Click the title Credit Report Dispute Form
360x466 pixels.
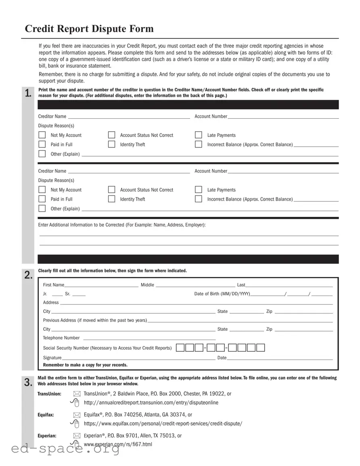tap(89, 29)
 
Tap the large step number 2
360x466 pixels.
tap(28, 275)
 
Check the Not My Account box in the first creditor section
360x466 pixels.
tap(42, 135)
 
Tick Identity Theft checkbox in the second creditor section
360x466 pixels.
tap(112, 199)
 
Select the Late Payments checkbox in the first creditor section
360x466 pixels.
tap(199, 135)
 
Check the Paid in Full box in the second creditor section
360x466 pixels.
tap(42, 199)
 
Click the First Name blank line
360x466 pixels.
tap(101, 285)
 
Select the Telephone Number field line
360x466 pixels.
tap(149, 338)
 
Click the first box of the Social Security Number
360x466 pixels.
tap(180, 348)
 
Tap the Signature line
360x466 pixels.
tap(138, 358)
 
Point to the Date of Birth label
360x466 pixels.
tap(222, 294)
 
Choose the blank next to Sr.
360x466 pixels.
tap(79, 294)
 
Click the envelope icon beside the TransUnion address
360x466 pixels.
tap(76, 394)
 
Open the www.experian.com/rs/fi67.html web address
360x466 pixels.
tap(118, 445)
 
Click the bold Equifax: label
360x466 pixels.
tap(46, 415)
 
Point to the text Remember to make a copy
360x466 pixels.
tap(85, 365)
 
